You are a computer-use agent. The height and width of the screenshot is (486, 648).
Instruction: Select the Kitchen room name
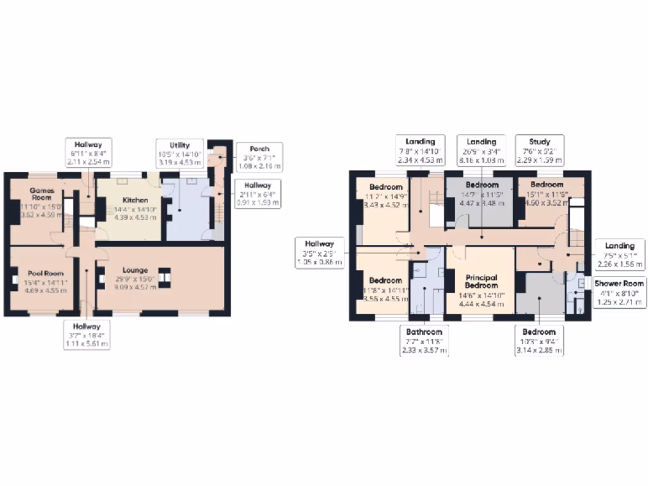click(135, 200)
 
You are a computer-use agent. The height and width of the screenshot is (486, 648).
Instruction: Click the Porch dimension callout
click(259, 157)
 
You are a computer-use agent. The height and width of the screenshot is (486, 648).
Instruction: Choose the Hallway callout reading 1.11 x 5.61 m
click(87, 335)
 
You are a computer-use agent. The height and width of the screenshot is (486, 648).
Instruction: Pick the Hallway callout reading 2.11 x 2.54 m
click(87, 153)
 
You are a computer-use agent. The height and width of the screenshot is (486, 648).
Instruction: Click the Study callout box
click(539, 150)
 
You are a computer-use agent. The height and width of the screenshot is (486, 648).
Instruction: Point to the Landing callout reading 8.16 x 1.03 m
click(481, 150)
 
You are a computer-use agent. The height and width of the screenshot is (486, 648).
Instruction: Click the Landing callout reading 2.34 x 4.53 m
click(420, 150)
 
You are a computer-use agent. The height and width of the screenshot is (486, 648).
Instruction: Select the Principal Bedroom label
click(481, 281)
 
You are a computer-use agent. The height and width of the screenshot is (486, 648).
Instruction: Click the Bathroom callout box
click(424, 340)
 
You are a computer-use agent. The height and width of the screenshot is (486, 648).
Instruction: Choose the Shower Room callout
click(619, 292)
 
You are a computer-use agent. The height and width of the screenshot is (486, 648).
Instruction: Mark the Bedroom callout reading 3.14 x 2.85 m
click(539, 340)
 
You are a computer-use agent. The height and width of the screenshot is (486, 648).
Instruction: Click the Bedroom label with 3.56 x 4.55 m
click(385, 280)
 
